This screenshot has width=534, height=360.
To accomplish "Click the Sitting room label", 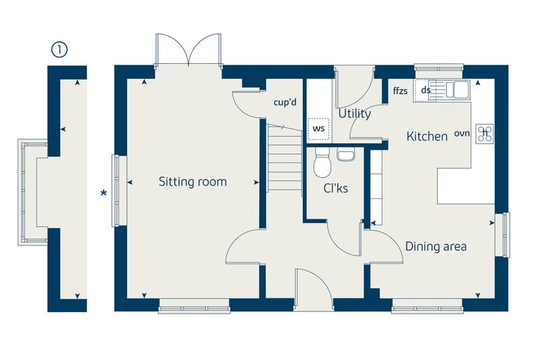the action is (193, 181).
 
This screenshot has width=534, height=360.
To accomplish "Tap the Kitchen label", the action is (427, 136).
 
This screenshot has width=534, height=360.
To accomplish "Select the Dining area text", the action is (436, 247).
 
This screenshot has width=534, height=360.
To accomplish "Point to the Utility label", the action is (355, 113).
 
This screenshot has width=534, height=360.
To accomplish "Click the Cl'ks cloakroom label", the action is (336, 188).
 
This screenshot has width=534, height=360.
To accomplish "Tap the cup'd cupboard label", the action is (285, 102).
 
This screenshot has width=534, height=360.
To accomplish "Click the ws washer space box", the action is (318, 129).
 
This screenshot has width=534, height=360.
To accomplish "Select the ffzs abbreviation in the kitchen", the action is (400, 91).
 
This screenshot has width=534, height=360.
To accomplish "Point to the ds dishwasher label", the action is (426, 90).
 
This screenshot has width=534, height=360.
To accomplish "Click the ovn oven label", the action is (462, 134).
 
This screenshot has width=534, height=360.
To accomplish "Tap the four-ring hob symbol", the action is (485, 134).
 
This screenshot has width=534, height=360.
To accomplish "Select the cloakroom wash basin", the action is (346, 154).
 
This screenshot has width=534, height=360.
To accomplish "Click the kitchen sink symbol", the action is (457, 90).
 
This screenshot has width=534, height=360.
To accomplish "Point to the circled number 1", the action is (60, 50).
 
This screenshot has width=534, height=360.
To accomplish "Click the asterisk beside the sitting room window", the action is (103, 193).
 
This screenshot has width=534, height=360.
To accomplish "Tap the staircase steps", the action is (285, 157).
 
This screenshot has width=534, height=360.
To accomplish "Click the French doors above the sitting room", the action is (188, 49).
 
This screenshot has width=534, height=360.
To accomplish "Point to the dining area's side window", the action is (502, 234).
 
